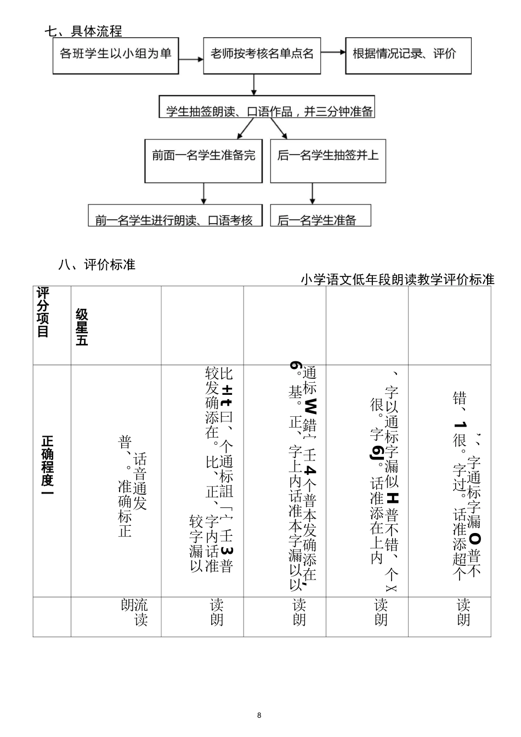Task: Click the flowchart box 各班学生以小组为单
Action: coord(116,55)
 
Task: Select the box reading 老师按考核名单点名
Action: coord(262,55)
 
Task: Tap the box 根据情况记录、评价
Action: coord(408,55)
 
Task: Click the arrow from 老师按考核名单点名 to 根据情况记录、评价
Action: coord(333,53)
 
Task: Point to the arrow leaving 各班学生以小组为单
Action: coord(191,57)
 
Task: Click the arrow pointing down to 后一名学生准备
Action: coord(313,194)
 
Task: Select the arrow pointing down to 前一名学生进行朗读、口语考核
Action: coord(203,194)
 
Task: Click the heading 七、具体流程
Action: coord(83,31)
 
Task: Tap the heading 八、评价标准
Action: coord(97,265)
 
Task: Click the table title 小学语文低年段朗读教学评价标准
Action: coord(398,280)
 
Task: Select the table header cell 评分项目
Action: coord(43,312)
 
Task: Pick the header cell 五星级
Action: coord(82,327)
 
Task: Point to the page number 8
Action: coord(259,715)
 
